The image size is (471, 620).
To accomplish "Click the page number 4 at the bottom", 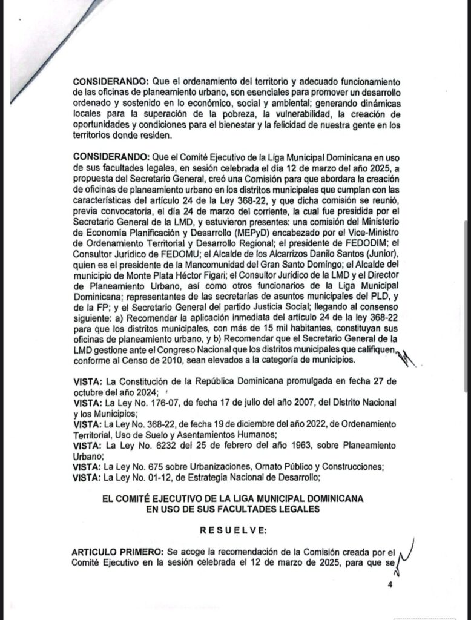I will click(390, 585).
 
